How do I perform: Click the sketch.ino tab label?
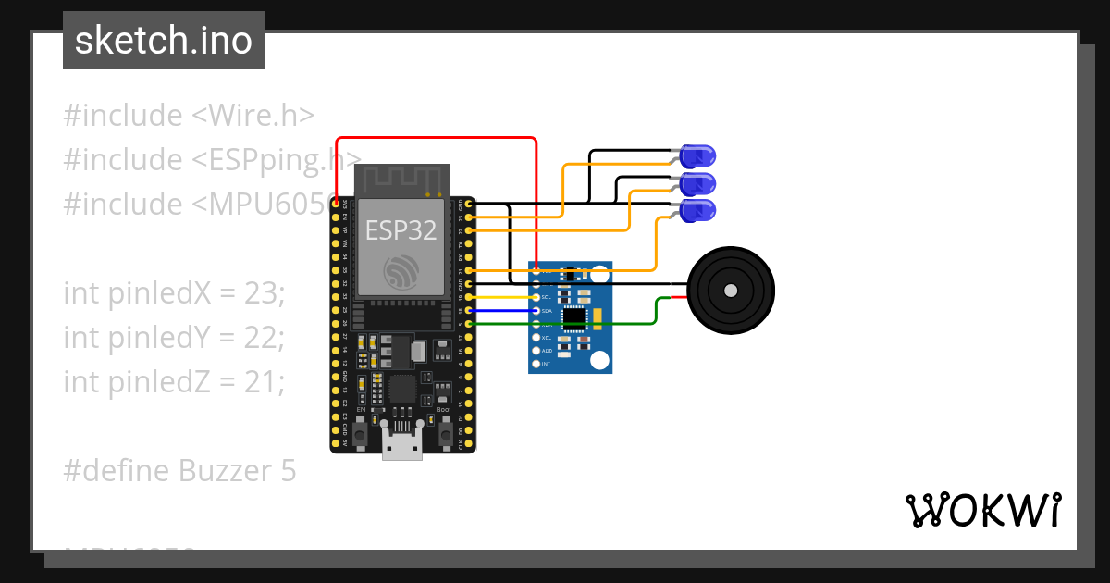point(164,41)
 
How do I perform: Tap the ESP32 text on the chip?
point(401,229)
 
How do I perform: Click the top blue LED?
point(697,155)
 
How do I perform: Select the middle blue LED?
point(697,183)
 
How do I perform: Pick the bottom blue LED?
point(697,211)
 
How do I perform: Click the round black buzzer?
point(731,291)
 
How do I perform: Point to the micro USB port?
point(402,444)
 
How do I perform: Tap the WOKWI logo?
point(982,510)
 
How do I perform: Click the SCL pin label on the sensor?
point(546,297)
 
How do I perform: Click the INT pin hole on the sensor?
point(535,365)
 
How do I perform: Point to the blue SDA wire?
point(504,311)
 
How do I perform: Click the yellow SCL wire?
point(504,297)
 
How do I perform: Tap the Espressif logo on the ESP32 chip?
point(401,272)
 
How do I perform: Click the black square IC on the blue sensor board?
point(573,317)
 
